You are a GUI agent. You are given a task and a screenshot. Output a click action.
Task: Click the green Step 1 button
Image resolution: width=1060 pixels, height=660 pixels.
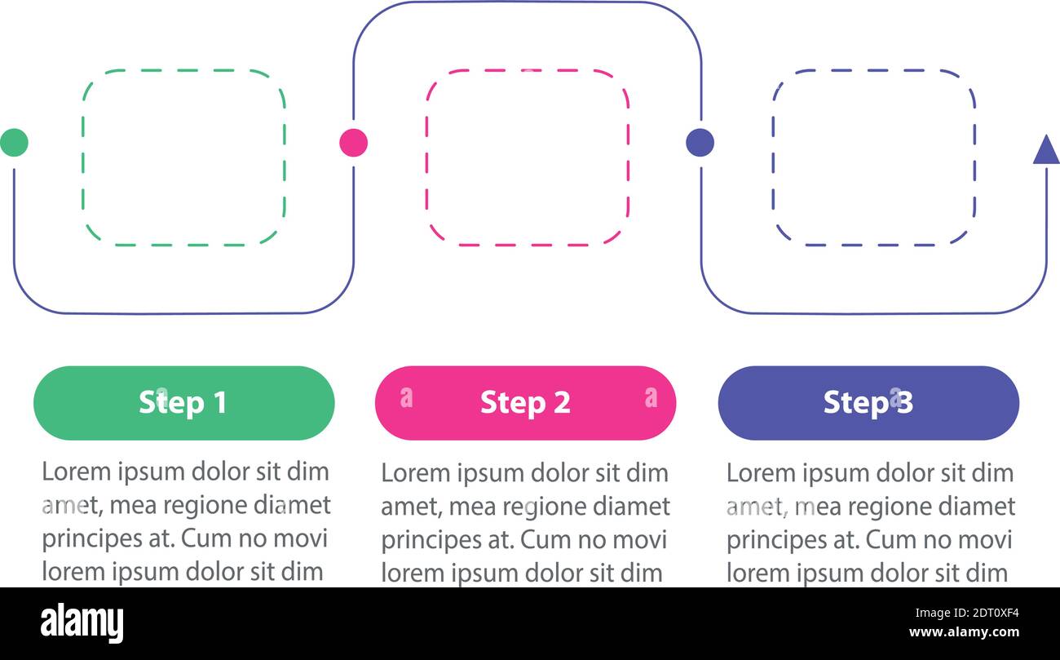pos(183,403)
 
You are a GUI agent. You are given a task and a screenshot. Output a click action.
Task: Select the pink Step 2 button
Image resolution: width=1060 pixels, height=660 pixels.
pos(525,403)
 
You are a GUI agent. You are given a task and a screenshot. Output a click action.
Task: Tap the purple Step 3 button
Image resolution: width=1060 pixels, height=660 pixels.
pos(868,403)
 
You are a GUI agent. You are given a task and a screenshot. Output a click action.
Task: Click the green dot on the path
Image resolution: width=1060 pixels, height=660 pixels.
pos(14,143)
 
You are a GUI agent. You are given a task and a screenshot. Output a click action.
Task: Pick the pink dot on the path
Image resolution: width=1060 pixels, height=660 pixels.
pos(353,143)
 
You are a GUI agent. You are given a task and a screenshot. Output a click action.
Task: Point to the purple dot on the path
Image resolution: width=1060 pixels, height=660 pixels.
pos(700,143)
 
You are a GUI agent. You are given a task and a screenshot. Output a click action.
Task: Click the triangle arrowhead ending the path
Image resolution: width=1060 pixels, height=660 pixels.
pos(1046,151)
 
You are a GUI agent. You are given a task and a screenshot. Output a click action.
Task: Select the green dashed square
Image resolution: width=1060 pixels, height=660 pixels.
pos(183,157)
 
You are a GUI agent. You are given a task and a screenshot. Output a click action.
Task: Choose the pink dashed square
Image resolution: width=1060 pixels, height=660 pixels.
pos(527,157)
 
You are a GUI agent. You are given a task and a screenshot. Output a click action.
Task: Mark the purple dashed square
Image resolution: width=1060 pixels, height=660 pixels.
pos(873,157)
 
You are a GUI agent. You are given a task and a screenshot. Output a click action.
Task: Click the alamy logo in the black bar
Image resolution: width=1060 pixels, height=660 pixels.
pos(82,623)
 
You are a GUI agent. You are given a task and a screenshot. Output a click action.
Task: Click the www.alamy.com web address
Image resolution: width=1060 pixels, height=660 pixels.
pos(964,633)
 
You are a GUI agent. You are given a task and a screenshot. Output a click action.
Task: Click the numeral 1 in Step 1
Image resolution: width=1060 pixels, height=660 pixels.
pos(219,403)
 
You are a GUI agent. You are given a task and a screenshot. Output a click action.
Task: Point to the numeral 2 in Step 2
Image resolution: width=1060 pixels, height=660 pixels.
pos(561,403)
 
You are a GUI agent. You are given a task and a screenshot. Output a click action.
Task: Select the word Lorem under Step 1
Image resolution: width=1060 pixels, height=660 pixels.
pos(74,472)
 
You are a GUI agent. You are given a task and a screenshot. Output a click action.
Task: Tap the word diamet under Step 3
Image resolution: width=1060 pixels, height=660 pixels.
pos(975,507)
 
